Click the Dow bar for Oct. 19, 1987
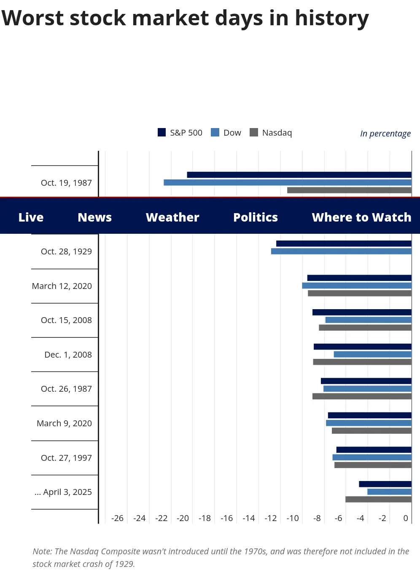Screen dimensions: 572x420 [287, 182]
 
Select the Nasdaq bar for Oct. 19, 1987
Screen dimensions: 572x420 [349, 190]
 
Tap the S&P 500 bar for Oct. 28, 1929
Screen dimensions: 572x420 [344, 243]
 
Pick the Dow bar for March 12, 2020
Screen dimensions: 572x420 [356, 286]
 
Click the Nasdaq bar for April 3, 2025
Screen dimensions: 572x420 [378, 499]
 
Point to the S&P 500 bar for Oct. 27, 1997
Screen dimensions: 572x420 [374, 449]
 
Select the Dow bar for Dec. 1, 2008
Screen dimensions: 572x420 [372, 354]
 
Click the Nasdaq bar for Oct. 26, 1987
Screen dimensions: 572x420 [362, 396]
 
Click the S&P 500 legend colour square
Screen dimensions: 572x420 [162, 132]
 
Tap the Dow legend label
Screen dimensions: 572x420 [232, 133]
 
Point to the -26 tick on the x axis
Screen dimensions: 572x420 [117, 518]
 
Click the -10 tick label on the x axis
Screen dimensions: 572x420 [293, 518]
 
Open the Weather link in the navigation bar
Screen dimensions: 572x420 [172, 217]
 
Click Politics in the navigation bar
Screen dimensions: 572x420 [256, 217]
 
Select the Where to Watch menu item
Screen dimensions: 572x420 [361, 217]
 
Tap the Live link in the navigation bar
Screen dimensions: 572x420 [31, 217]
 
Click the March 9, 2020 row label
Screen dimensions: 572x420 [64, 423]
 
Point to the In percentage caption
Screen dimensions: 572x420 [385, 134]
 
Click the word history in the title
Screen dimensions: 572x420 [331, 18]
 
